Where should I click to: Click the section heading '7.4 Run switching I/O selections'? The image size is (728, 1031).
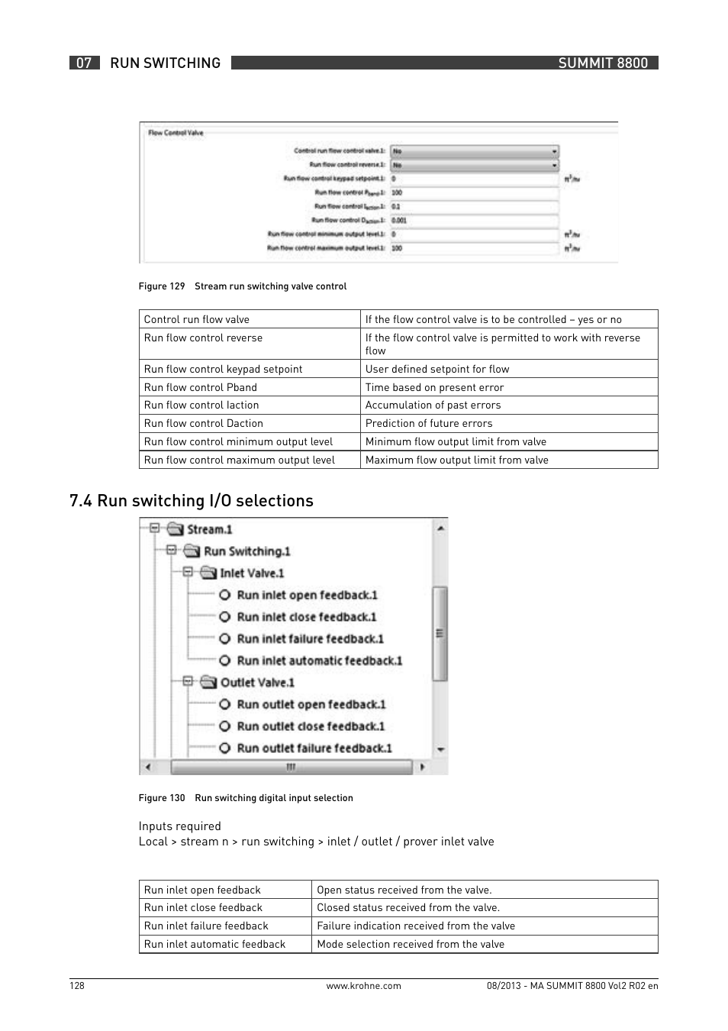191,500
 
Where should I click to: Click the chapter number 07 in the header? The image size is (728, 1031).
84,63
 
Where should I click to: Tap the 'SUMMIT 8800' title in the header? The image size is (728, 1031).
602,63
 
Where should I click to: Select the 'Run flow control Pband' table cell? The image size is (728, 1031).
201,387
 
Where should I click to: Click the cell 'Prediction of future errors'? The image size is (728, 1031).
428,423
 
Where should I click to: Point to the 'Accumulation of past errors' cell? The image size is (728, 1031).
433,405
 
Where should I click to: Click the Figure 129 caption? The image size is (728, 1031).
243,286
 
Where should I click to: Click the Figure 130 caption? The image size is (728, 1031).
246,798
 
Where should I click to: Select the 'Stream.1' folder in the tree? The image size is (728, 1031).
209,529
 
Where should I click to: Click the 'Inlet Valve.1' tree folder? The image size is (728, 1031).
251,573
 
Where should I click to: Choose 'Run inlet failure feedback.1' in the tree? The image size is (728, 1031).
310,638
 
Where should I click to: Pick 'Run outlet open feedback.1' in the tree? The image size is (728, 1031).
311,704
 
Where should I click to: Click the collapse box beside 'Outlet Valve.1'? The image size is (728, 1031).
188,682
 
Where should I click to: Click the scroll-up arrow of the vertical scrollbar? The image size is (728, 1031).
440,528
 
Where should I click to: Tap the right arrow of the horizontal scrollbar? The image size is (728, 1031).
422,767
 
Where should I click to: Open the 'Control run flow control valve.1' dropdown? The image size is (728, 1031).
474,151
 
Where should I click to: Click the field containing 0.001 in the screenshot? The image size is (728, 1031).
474,220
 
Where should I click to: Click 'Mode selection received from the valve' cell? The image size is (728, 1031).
411,944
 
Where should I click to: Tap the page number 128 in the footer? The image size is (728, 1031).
77,985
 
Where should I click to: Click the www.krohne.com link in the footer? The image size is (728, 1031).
363,985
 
